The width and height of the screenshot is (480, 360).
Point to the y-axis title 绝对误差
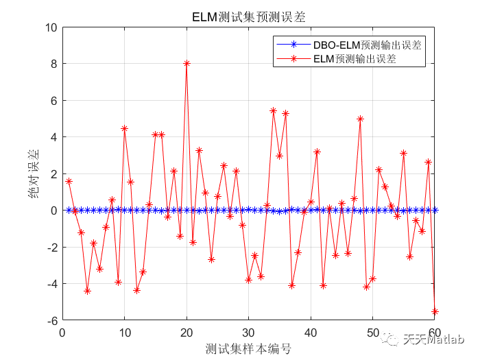(x=33, y=174)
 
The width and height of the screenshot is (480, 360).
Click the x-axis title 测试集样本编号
(x=248, y=349)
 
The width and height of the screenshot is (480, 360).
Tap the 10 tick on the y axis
(x=51, y=27)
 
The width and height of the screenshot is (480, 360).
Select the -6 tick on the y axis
(x=51, y=320)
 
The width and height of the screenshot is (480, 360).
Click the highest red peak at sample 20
(x=187, y=63)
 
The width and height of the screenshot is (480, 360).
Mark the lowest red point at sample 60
(x=435, y=311)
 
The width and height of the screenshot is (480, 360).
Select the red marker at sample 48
(x=360, y=119)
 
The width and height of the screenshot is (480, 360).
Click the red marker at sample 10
(x=124, y=128)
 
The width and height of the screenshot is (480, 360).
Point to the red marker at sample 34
(x=273, y=110)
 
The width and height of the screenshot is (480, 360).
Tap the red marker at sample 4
(x=87, y=291)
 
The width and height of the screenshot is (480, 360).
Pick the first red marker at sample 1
(x=69, y=181)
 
